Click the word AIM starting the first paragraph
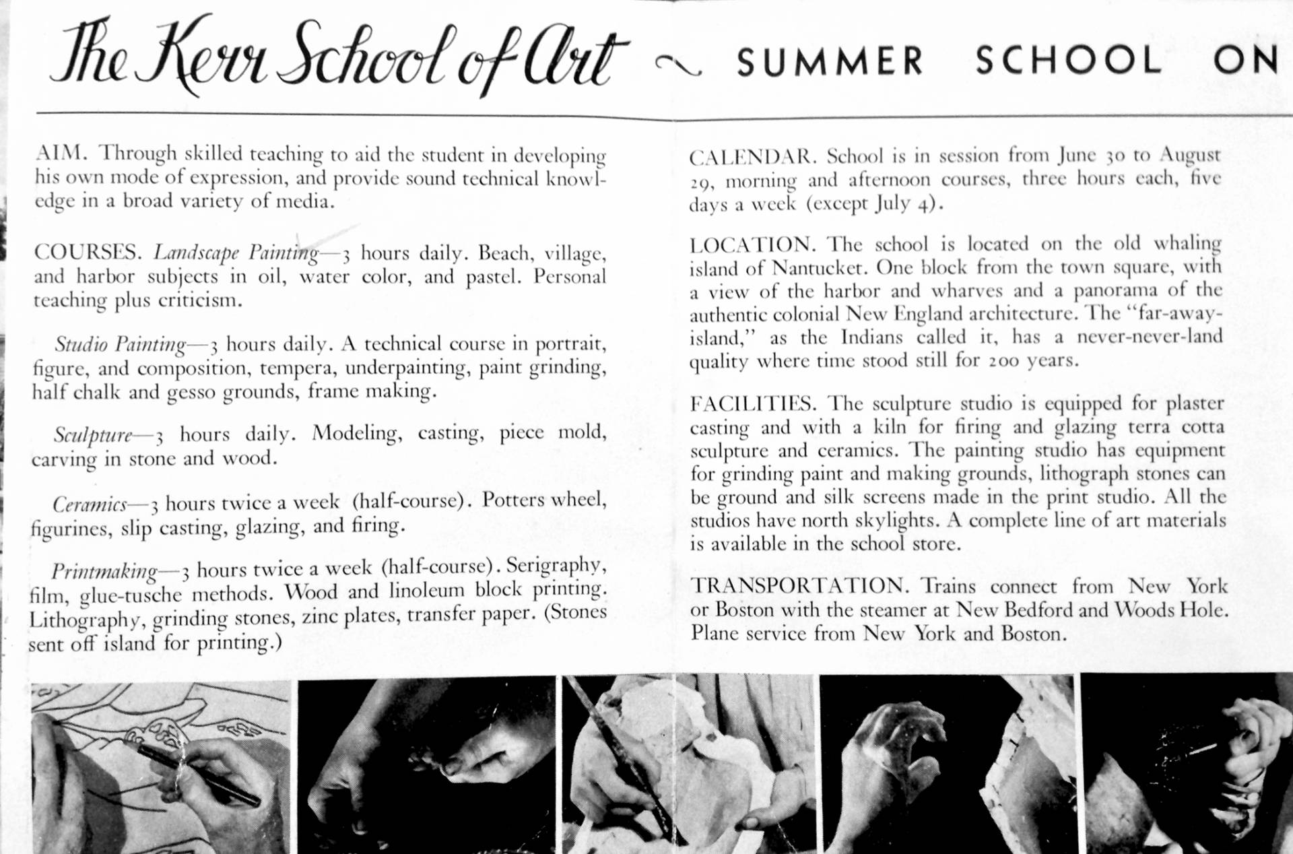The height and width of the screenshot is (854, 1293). [60, 152]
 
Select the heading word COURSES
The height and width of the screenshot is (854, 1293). [87, 253]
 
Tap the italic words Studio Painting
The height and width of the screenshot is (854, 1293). [121, 345]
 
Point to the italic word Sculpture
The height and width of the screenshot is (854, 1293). [93, 435]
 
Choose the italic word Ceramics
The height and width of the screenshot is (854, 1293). [90, 504]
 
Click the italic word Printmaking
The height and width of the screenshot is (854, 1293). [104, 571]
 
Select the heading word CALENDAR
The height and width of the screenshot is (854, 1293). [752, 157]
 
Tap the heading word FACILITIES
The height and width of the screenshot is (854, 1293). [752, 404]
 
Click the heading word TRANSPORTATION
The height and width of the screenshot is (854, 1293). [800, 585]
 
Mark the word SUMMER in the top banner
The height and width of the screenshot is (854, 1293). [830, 61]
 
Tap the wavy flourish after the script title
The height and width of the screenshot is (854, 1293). [678, 65]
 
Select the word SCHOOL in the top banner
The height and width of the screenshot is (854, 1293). [1068, 60]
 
